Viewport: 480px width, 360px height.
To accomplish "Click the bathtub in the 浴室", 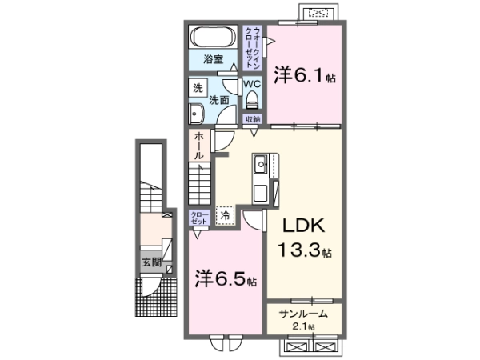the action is point(213,37).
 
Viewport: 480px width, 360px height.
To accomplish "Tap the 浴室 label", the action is point(213,59).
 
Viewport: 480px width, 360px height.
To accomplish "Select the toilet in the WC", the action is point(252,100).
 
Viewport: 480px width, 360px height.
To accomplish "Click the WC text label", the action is point(252,83).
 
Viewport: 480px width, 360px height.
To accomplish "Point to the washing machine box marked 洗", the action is point(198,88).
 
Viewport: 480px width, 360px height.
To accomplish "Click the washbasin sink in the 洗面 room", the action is point(196,114).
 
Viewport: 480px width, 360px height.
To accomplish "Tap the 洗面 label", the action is point(219,100).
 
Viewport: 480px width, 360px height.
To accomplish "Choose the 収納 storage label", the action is point(253,119).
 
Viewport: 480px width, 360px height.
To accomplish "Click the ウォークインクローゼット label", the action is point(253,48).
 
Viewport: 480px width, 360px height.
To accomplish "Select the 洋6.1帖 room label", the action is point(305,75).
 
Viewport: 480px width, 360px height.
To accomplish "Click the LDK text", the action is point(303,226).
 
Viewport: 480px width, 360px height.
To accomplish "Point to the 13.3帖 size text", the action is point(305,250).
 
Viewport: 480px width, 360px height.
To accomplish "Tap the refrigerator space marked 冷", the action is point(226,215).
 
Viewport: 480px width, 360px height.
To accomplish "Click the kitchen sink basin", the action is point(261,164).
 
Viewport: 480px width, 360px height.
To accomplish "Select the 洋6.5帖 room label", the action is point(226,278).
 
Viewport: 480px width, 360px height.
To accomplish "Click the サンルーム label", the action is point(303,314).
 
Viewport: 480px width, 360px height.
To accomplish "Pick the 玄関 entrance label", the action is point(151,262).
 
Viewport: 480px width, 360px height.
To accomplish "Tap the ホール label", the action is point(199,146).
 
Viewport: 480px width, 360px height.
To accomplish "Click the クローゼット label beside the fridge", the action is point(199,218).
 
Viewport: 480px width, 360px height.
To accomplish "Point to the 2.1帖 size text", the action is point(304,326).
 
